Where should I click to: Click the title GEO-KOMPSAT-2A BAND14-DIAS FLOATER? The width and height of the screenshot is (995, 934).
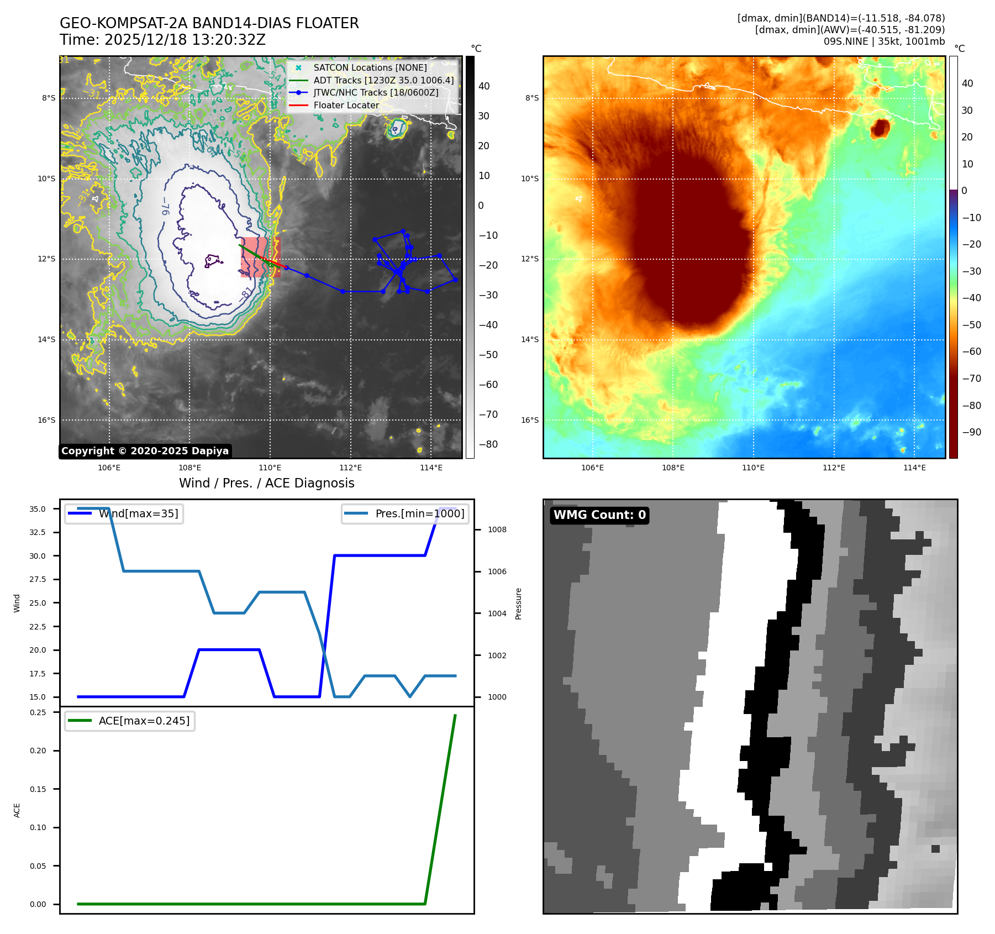209,23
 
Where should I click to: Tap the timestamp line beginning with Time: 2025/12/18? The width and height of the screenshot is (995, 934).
162,40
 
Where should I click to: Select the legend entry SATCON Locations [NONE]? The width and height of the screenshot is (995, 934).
370,67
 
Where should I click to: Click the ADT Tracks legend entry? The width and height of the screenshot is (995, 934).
383,80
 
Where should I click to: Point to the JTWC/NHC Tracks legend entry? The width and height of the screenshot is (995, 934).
376,92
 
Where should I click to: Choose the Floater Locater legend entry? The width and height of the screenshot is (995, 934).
346,105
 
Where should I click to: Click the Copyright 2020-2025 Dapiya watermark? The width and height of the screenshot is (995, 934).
145,451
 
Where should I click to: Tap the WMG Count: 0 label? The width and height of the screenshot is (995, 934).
599,515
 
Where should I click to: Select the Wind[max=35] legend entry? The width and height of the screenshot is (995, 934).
138,513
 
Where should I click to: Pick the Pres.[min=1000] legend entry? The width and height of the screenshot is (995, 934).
419,513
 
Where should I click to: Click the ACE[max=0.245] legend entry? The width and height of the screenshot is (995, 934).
144,721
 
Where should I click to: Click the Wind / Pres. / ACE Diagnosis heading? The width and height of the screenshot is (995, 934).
266,483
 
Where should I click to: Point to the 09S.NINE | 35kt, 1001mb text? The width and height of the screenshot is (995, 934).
884,41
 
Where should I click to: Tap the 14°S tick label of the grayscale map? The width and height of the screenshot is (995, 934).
46,339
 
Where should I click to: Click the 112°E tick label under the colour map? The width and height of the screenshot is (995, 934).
834,468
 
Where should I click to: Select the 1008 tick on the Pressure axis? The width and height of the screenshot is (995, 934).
497,529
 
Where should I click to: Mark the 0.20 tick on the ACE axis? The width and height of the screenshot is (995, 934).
38,751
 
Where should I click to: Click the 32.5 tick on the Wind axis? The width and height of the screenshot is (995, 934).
38,532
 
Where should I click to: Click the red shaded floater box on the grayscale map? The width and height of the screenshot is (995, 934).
260,257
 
